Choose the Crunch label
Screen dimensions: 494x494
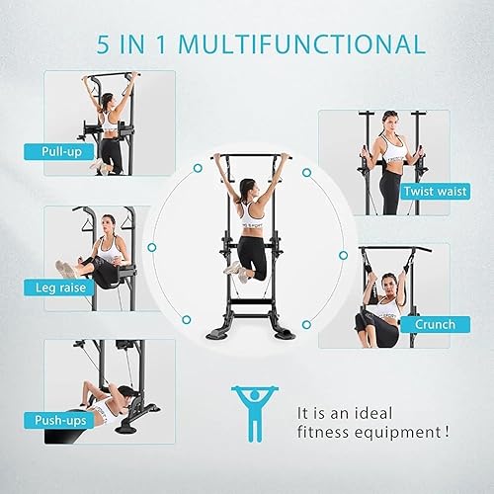click(x=436, y=324)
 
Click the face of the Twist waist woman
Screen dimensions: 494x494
click(x=391, y=123)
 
